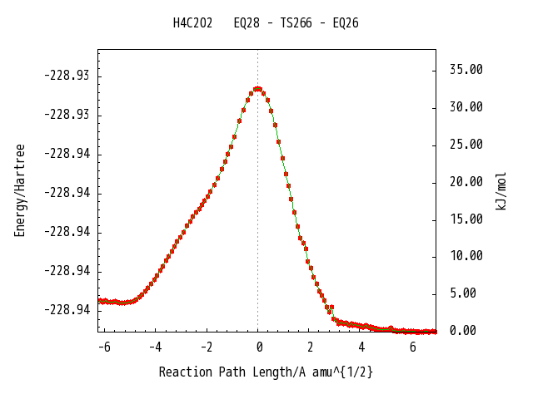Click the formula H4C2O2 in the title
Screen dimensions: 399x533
pyautogui.click(x=192, y=23)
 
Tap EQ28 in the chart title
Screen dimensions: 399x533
pyautogui.click(x=247, y=23)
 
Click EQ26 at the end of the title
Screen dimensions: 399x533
pyautogui.click(x=345, y=23)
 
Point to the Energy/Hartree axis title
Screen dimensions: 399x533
pyautogui.click(x=20, y=190)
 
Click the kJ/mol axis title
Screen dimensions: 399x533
pyautogui.click(x=501, y=190)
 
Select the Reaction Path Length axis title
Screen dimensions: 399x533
pyautogui.click(x=266, y=372)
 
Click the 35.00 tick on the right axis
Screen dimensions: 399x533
pyautogui.click(x=466, y=70)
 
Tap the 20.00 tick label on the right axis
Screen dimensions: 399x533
pyautogui.click(x=466, y=181)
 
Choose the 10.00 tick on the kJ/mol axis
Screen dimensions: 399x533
pyautogui.click(x=466, y=256)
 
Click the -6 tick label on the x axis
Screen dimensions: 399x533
pyautogui.click(x=103, y=347)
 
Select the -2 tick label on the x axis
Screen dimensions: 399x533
pyautogui.click(x=206, y=347)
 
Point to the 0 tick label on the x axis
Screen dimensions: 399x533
pyautogui.click(x=259, y=347)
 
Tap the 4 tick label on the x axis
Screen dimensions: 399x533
pyautogui.click(x=361, y=347)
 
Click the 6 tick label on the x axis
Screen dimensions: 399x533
pyautogui.click(x=413, y=347)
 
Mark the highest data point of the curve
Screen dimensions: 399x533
pyautogui.click(x=257, y=88)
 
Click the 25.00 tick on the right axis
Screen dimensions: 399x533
pyautogui.click(x=466, y=145)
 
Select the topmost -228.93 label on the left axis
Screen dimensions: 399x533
pyautogui.click(x=67, y=76)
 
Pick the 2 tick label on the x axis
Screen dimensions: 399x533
pyautogui.click(x=310, y=347)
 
